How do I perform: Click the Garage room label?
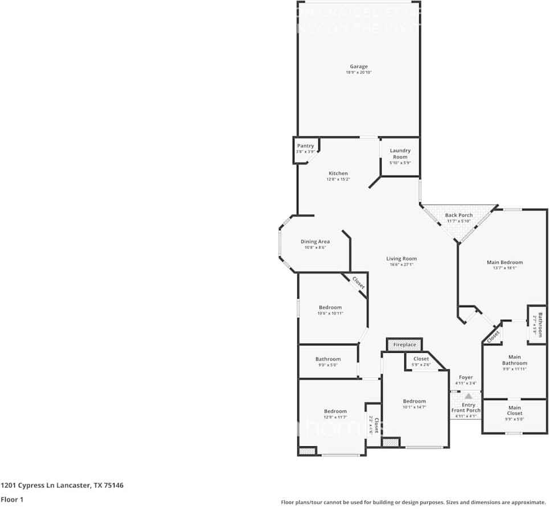point(359,67)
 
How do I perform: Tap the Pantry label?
point(305,146)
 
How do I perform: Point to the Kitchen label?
point(338,173)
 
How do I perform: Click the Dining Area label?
point(315,242)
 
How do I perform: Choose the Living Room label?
point(401,259)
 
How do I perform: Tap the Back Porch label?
point(458,215)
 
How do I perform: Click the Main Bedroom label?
point(505,262)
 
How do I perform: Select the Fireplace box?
point(404,345)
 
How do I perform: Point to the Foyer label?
point(466,377)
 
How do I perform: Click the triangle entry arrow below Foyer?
point(468,396)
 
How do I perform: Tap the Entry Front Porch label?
point(466,408)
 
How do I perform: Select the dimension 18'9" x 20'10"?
point(359,73)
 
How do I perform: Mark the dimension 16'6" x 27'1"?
point(401,265)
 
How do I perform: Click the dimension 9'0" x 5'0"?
point(327,365)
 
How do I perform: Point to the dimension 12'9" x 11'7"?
point(335,417)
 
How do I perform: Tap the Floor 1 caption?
point(11,499)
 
